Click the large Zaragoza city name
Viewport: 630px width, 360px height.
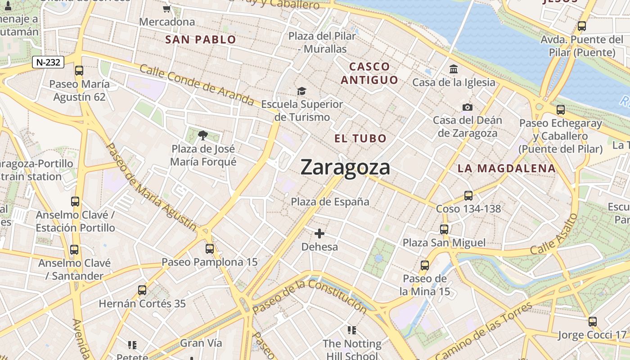pyautogui.click(x=345, y=167)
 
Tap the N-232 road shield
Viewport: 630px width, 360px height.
pyautogui.click(x=48, y=63)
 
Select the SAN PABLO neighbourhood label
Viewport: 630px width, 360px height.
pyautogui.click(x=201, y=40)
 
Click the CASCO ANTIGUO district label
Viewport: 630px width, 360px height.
pyautogui.click(x=369, y=73)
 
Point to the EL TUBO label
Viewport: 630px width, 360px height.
pyautogui.click(x=360, y=139)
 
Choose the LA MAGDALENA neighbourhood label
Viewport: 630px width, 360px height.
pyautogui.click(x=507, y=169)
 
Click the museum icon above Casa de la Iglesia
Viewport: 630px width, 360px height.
pyautogui.click(x=454, y=69)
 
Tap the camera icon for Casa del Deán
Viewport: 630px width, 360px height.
pyautogui.click(x=468, y=107)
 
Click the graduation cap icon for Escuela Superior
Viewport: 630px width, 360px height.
pyautogui.click(x=301, y=91)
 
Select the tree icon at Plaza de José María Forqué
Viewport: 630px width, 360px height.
pyautogui.click(x=203, y=135)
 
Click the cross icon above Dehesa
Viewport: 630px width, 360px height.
pyautogui.click(x=319, y=234)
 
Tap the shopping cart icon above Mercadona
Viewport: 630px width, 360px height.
pyautogui.click(x=167, y=9)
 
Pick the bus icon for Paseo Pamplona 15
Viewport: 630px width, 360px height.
pyautogui.click(x=210, y=249)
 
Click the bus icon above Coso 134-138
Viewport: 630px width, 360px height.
pyautogui.click(x=468, y=196)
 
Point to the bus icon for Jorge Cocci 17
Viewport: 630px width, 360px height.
pyautogui.click(x=593, y=322)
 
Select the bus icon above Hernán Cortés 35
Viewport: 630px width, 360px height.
pyautogui.click(x=142, y=290)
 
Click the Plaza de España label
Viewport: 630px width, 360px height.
pyautogui.click(x=330, y=202)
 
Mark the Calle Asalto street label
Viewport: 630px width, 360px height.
pyautogui.click(x=554, y=234)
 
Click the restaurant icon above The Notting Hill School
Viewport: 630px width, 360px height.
pyautogui.click(x=352, y=330)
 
